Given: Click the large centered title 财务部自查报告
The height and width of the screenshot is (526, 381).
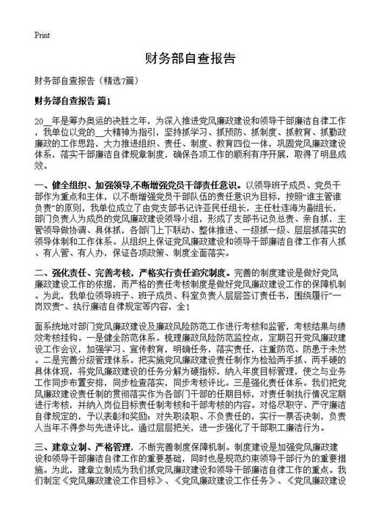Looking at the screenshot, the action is coord(190,58).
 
